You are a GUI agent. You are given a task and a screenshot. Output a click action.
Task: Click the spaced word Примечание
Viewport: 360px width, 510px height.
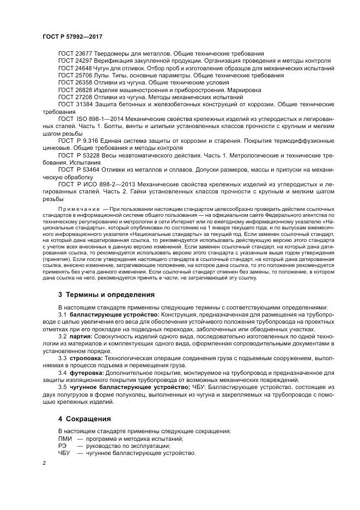(80, 208)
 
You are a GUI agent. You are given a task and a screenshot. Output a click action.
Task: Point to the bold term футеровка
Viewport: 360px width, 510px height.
(86, 372)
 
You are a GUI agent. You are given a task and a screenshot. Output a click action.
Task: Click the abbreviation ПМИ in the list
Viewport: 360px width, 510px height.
(64, 439)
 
